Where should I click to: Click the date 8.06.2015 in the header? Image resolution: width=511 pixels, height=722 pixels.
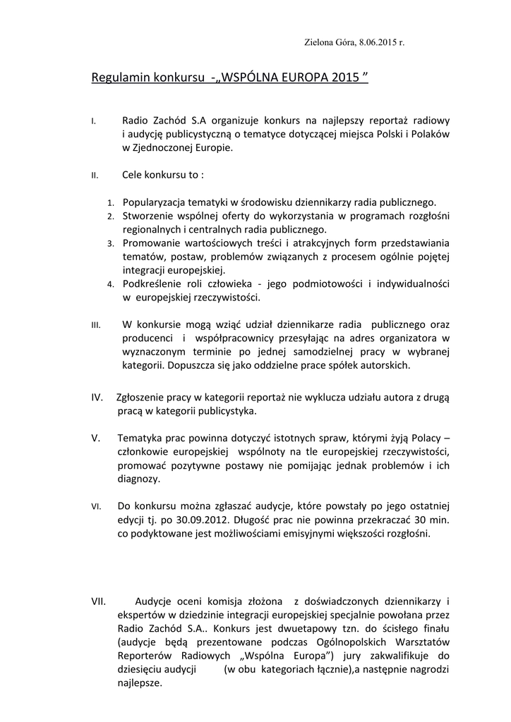click(x=377, y=42)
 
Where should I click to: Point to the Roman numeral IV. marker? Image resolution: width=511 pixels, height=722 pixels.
click(x=97, y=398)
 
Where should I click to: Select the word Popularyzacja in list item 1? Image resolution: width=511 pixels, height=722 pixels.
click(x=152, y=202)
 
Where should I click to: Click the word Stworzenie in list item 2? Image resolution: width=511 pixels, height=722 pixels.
click(x=146, y=216)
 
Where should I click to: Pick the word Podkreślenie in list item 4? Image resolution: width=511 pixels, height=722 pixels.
click(x=150, y=283)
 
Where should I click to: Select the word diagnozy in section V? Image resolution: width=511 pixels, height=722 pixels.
click(x=139, y=479)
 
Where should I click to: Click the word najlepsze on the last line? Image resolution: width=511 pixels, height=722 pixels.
click(x=140, y=683)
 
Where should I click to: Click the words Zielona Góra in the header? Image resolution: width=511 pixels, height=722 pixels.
click(x=327, y=42)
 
